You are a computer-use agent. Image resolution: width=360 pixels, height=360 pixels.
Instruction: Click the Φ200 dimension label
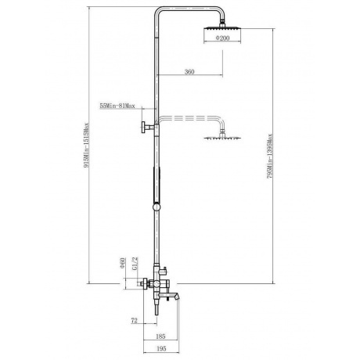point(222,38)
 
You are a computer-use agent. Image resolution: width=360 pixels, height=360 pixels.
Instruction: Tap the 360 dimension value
point(189,72)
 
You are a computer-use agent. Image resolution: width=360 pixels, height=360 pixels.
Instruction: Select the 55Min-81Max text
point(117,106)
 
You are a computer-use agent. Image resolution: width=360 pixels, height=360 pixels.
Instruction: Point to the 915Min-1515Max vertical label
point(86,146)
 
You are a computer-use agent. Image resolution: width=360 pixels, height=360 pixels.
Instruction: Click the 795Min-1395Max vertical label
point(270,156)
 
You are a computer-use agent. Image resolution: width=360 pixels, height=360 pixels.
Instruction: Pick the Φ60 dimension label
point(122,263)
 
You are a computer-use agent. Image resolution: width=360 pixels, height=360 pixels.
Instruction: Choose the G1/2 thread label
point(135,263)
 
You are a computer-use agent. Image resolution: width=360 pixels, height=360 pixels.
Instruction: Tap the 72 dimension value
point(134,320)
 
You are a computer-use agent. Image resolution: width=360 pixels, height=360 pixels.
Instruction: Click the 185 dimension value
point(160,337)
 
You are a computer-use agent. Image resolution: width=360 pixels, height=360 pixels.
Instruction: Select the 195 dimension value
point(161,348)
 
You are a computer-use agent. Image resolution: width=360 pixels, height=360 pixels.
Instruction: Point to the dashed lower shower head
point(222,138)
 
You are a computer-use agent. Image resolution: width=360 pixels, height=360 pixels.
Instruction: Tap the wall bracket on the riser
point(148,128)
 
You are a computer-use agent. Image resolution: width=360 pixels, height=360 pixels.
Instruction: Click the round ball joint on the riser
point(157,207)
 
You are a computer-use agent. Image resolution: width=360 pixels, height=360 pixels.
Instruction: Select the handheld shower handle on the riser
point(157,185)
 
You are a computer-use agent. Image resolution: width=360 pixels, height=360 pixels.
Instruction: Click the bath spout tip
point(178,297)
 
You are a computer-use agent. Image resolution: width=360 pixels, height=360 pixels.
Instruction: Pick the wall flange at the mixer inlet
point(144,283)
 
